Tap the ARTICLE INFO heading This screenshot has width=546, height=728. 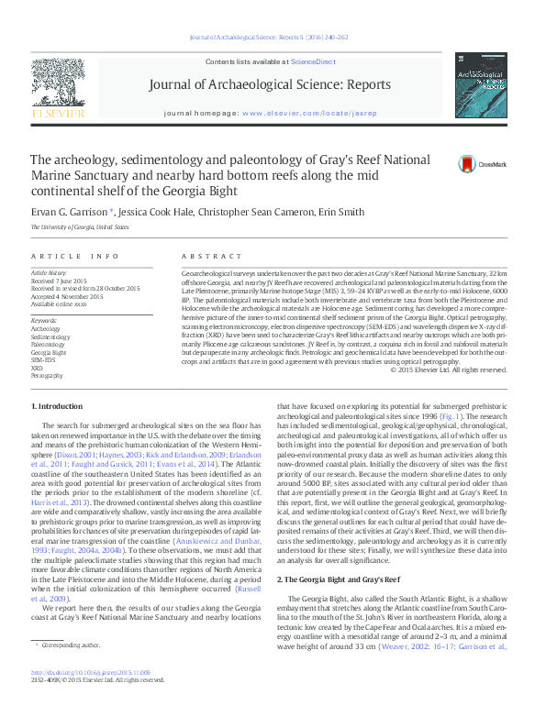coord(75,257)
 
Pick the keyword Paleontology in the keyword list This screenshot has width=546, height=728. coord(49,343)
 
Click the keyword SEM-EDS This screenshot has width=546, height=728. coord(44,359)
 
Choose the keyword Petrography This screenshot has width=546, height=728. coord(48,376)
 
